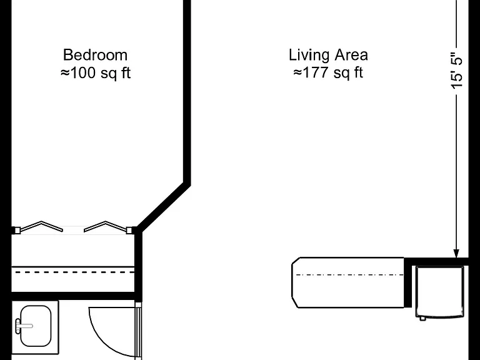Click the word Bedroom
(95, 55)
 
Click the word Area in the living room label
(351, 55)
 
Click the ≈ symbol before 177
(297, 73)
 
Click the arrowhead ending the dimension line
(456, 254)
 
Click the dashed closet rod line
(75, 272)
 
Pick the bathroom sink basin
(36, 326)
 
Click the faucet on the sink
(23, 326)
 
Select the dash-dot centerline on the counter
(350, 275)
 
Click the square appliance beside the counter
(440, 292)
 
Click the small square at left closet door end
(17, 230)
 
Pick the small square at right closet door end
(129, 230)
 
